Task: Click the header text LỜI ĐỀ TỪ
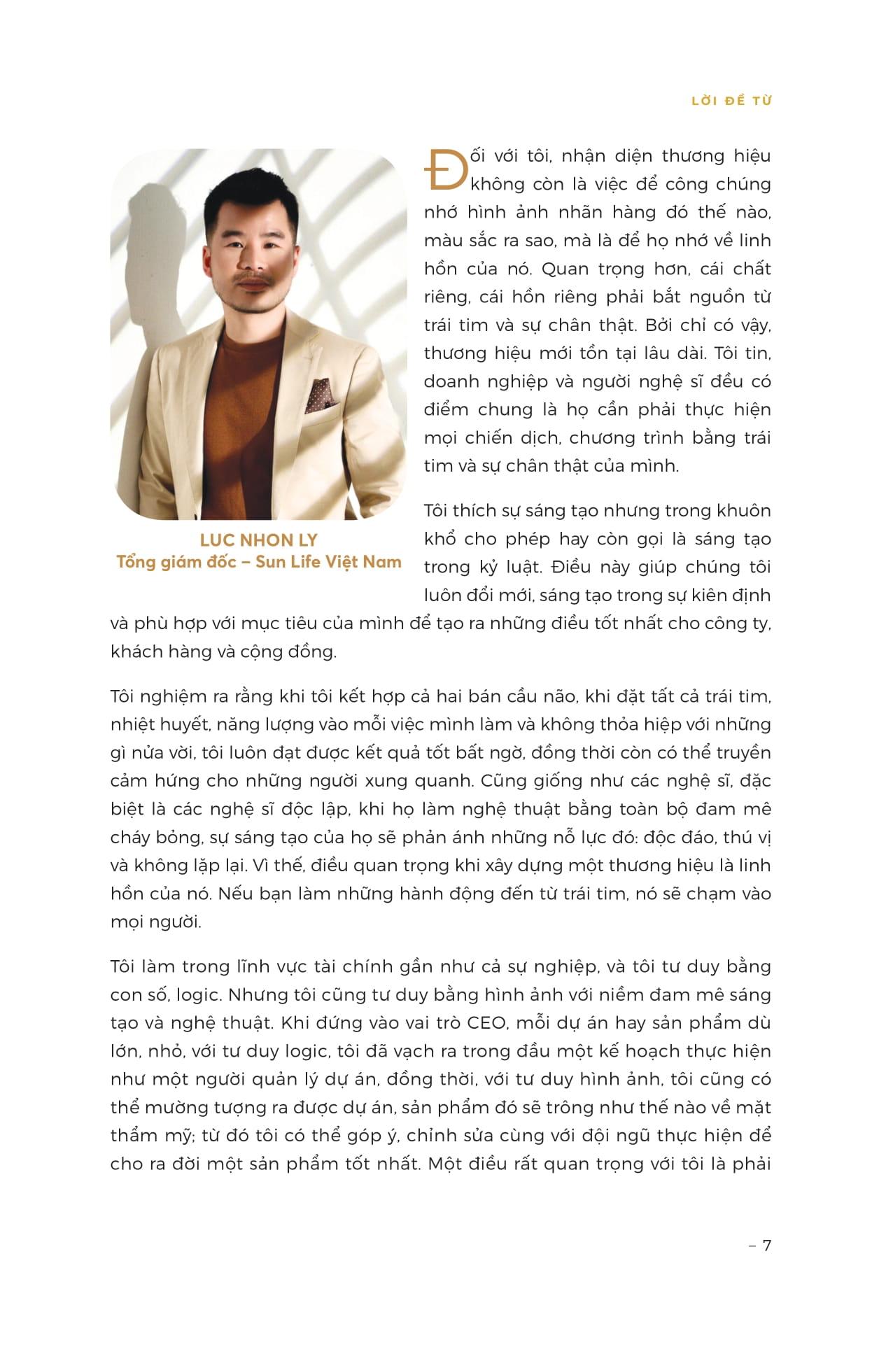tap(731, 101)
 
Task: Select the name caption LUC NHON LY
tap(258, 540)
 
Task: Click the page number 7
tap(766, 1246)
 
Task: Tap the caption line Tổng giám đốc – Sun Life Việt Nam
tap(258, 562)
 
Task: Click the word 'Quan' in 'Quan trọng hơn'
tap(565, 269)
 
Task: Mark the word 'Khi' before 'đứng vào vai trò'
tap(295, 1023)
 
